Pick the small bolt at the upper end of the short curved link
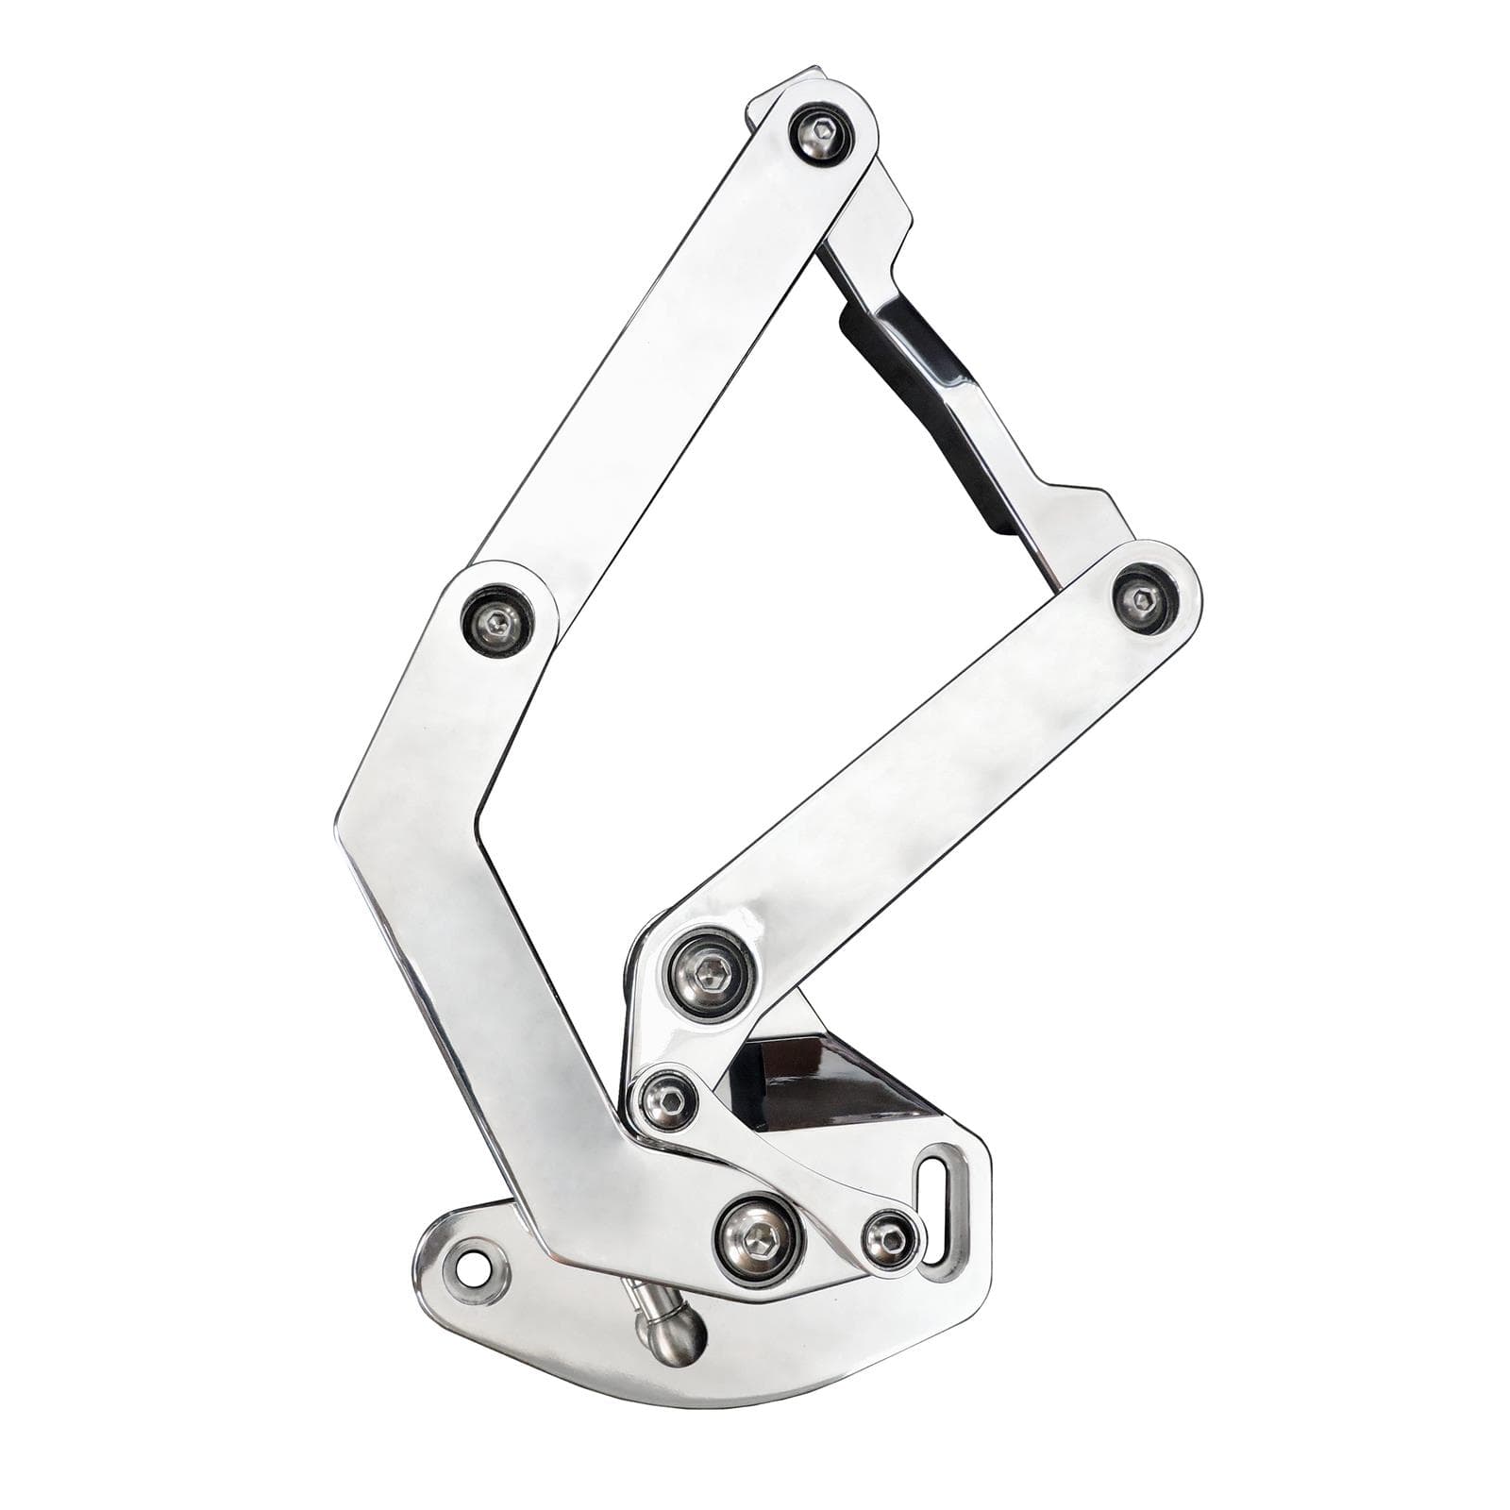pos(665,1098)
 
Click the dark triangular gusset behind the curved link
pos(812,1085)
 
